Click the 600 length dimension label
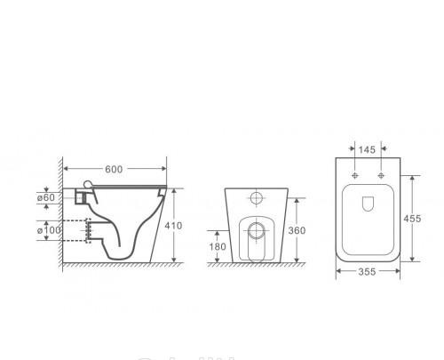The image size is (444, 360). tap(114, 169)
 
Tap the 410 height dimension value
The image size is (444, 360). tap(173, 226)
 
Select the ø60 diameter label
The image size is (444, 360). tap(46, 197)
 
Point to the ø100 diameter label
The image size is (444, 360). tap(49, 230)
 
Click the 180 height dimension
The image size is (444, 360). tap(218, 246)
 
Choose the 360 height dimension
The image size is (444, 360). tap(297, 230)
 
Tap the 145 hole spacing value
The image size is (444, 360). tap(367, 150)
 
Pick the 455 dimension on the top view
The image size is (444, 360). tap(412, 219)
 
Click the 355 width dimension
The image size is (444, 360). tap(367, 272)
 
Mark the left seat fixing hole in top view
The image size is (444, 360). tap(355, 175)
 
